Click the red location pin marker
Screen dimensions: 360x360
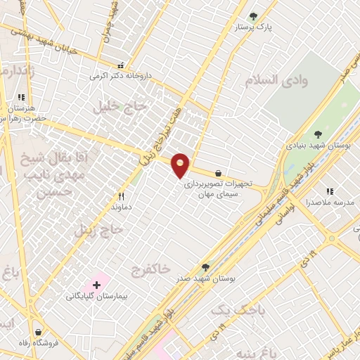181,165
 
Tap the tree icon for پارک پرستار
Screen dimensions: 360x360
254,16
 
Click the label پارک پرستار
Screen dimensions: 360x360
254,28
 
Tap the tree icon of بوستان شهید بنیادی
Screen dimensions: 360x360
318,131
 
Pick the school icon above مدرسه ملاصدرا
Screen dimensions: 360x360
329,191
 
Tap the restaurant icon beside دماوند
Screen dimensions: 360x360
122,196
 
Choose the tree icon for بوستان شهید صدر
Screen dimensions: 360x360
205,267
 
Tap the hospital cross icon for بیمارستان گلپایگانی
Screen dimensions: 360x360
97,284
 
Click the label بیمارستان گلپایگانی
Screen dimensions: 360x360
96,296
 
